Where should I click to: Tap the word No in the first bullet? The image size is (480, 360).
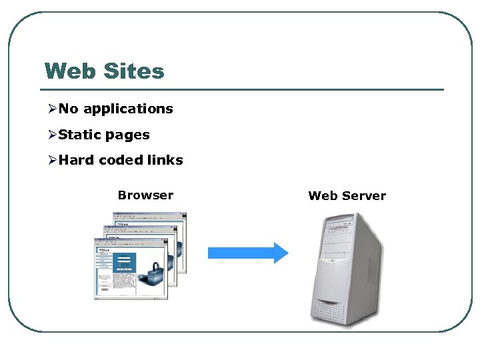click(69, 109)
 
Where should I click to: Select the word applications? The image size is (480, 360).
click(128, 109)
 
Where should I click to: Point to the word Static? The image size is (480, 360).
click(79, 135)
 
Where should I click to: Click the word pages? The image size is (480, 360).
click(127, 135)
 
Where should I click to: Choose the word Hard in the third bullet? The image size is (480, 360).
click(76, 160)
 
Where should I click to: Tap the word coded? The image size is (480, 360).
click(121, 160)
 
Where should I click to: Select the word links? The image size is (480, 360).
click(165, 160)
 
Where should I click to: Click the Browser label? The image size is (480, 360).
click(145, 195)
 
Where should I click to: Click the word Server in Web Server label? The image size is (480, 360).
click(364, 196)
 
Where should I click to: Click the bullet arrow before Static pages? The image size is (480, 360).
click(52, 135)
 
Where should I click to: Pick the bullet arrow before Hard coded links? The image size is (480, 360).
click(52, 161)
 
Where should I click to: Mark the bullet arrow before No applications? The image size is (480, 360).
click(52, 109)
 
